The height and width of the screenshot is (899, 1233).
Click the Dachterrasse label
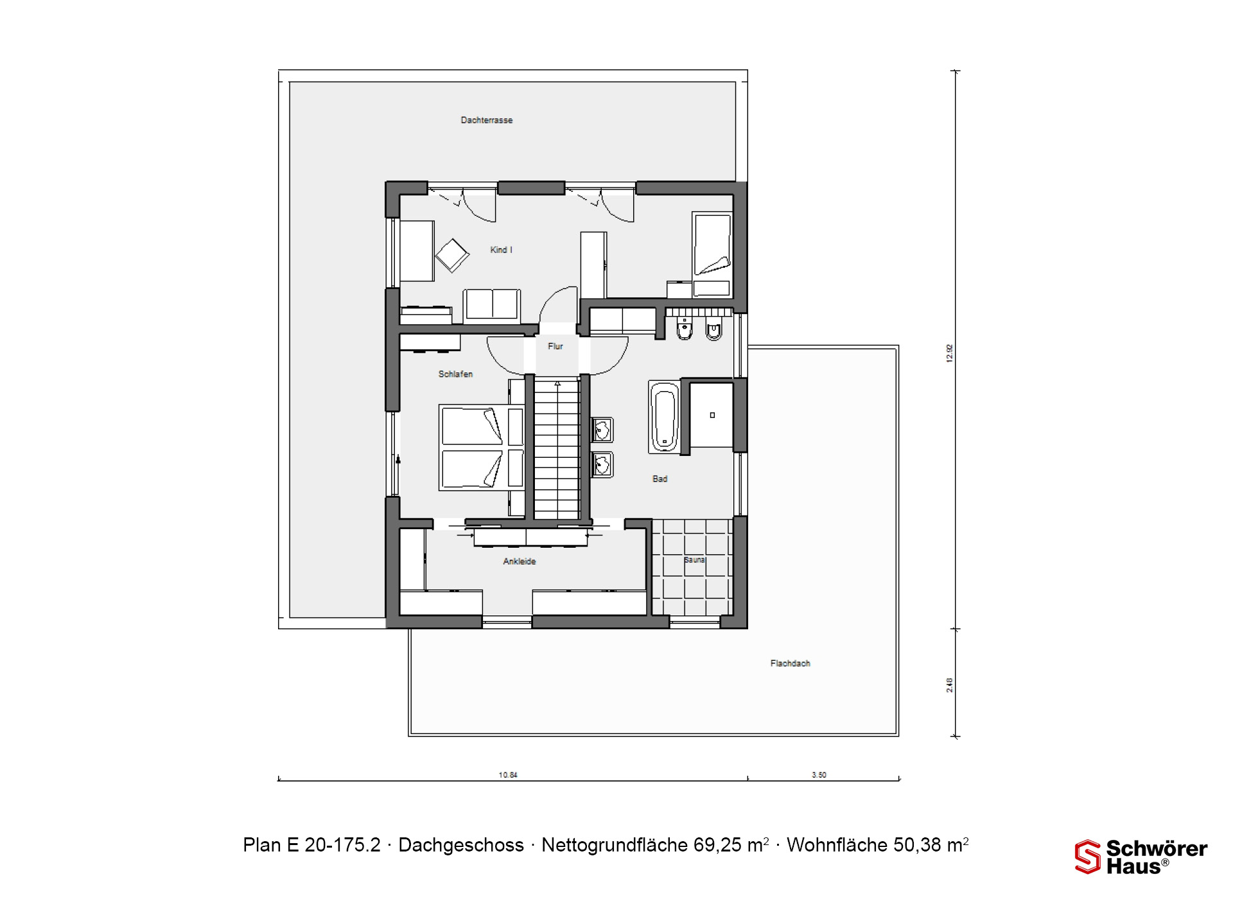coord(487,120)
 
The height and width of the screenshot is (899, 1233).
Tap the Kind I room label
coord(502,250)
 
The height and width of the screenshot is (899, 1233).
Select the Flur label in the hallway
coord(555,346)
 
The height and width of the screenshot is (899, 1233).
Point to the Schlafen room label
coord(455,374)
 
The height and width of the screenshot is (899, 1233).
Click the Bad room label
coord(660,478)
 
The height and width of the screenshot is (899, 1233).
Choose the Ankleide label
coord(520,561)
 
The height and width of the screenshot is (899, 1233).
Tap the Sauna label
coord(694,560)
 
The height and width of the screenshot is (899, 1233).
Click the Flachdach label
coord(791,663)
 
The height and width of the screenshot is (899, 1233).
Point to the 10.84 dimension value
coord(508,775)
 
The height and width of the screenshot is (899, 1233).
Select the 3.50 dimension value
coord(819,775)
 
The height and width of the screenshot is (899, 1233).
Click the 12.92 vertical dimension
coord(950,354)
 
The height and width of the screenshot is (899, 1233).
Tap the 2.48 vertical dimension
coord(950,685)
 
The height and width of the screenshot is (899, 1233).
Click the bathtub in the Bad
coord(664,417)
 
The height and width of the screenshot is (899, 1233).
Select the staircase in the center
coord(557,448)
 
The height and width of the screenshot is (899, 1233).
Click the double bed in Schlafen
coord(482,448)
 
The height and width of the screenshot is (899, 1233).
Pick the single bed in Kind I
coord(712,254)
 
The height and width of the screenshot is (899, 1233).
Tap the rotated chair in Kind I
coord(452,256)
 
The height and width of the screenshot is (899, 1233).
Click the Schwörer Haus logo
coord(1141,857)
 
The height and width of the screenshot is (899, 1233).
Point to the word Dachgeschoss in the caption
coord(461,845)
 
